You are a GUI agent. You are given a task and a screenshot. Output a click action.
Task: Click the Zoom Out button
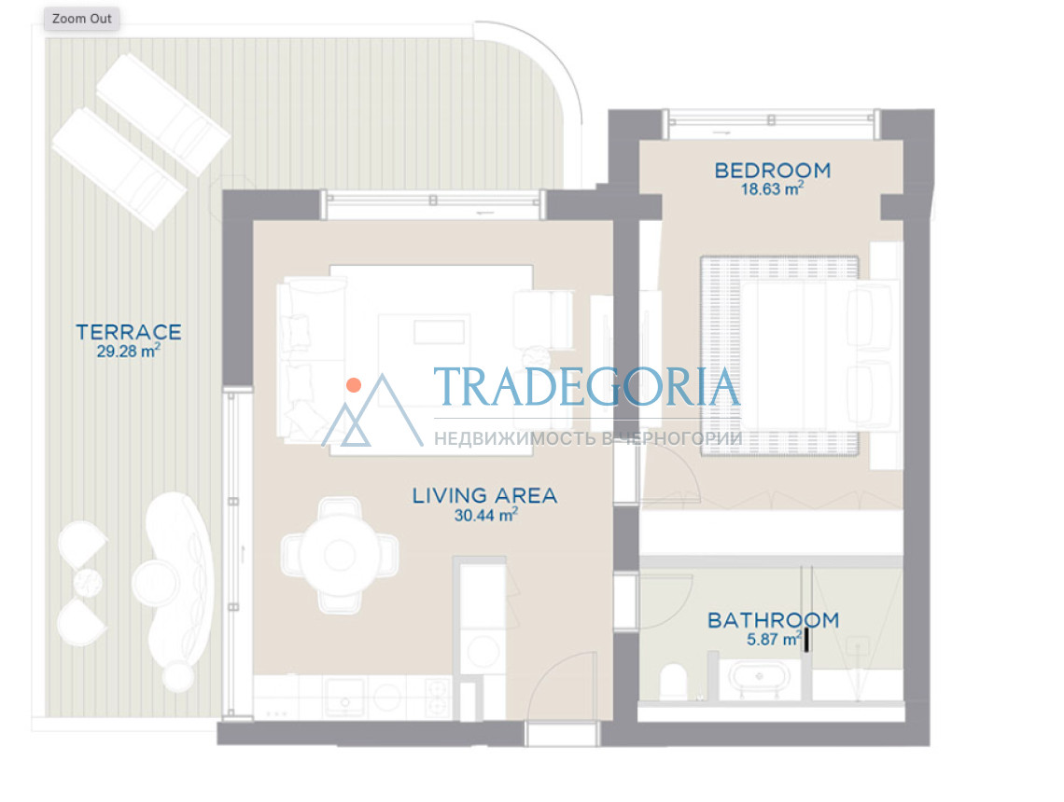(82, 19)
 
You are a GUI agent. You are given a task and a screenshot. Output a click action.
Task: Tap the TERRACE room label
(129, 332)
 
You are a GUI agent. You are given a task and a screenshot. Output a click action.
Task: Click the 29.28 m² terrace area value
(128, 351)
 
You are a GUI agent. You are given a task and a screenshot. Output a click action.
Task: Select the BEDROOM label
(773, 170)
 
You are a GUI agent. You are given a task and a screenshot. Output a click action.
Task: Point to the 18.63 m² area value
(772, 188)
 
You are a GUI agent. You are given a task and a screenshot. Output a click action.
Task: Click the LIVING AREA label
(485, 495)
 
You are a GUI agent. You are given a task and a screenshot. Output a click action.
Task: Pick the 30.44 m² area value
(486, 515)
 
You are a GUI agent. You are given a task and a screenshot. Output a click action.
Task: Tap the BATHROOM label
(774, 620)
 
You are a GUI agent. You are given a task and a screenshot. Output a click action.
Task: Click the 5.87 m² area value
(775, 639)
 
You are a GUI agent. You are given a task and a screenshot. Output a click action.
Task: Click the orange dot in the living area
(354, 385)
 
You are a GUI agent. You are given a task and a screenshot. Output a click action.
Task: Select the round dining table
(340, 555)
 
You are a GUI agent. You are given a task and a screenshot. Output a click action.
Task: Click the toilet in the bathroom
(674, 682)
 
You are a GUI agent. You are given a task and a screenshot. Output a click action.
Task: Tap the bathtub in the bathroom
(760, 677)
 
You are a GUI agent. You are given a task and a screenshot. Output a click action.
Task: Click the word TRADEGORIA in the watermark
(587, 387)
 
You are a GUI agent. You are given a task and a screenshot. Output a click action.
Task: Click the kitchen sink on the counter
(344, 697)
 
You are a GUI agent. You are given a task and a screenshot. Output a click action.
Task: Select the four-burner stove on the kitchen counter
(439, 698)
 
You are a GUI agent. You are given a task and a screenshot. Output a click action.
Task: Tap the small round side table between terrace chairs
(88, 582)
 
